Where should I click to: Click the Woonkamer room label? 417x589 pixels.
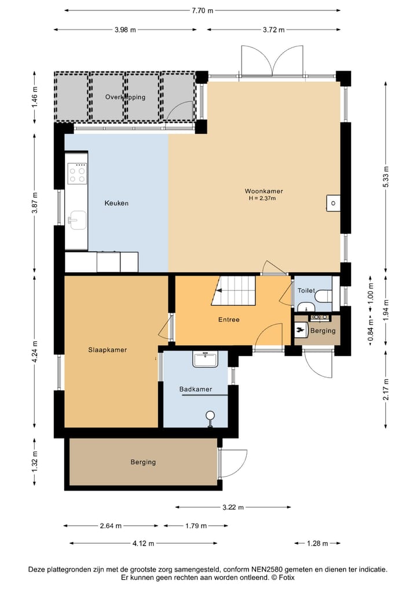point(264,191)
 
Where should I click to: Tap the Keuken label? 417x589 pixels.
point(116,203)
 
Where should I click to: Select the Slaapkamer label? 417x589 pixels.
point(108,350)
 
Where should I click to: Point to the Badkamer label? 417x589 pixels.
point(195,389)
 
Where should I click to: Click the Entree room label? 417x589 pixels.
point(229,320)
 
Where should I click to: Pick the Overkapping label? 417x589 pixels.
point(125,97)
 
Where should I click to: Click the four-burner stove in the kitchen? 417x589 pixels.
point(77,173)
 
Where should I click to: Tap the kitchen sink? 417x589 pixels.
point(77,219)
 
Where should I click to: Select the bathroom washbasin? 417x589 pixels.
point(205,359)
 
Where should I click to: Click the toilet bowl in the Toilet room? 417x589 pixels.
point(323,295)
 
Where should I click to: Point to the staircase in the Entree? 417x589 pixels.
point(233,291)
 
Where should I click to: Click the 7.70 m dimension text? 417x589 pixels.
point(203,10)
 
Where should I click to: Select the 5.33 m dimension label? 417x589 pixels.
point(386,176)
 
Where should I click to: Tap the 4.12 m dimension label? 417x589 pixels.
point(143,543)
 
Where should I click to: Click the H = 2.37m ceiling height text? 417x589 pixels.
point(262,198)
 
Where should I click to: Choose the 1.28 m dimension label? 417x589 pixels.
point(317,543)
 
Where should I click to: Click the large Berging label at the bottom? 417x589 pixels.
point(143,462)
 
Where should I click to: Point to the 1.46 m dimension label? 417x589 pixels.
point(35,97)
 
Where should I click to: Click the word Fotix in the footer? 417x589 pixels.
point(286,577)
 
